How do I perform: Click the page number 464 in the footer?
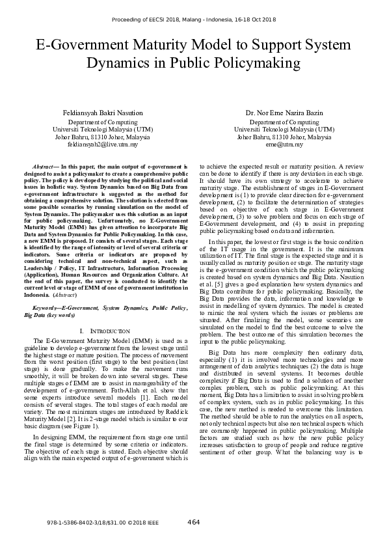point(193,522)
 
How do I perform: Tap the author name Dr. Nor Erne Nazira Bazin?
point(284,113)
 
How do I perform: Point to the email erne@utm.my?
point(284,145)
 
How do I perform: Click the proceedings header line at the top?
point(193,20)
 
